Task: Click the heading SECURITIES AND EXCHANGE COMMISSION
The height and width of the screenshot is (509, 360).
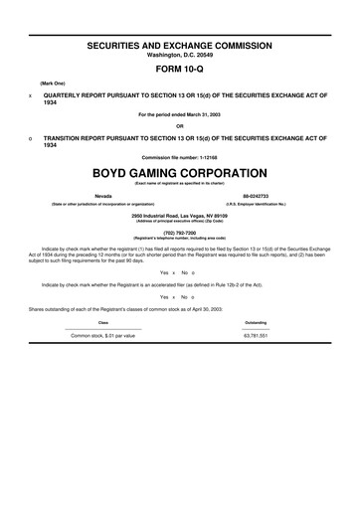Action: coord(179,47)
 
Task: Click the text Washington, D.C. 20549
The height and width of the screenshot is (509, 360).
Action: coord(179,56)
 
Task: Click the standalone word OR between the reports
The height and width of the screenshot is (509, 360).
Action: coord(179,125)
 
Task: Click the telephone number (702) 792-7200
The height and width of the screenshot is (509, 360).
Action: coord(179,234)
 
